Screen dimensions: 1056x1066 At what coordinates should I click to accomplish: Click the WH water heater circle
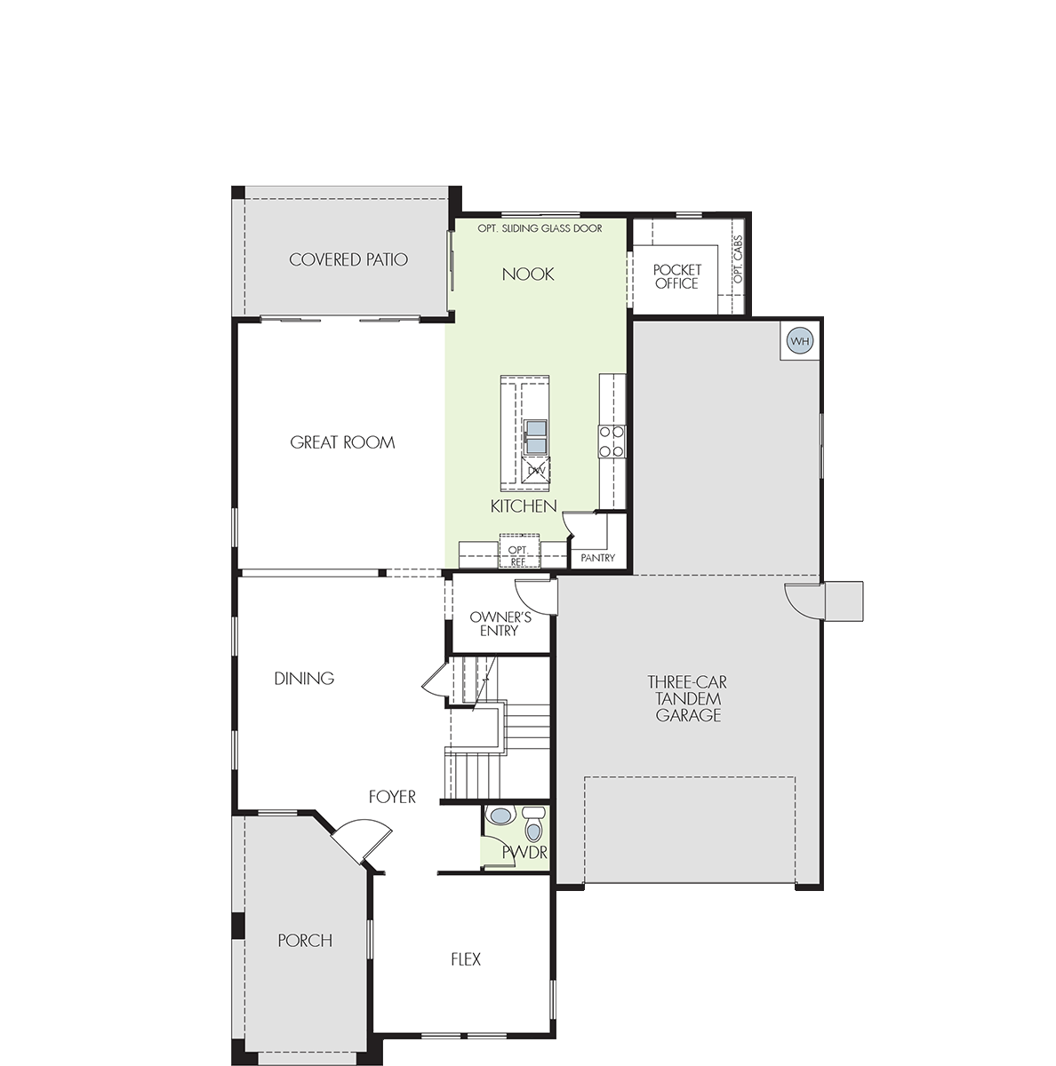(800, 341)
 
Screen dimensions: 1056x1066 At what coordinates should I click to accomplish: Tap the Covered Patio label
(348, 259)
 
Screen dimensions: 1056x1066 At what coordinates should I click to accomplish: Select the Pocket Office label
(676, 276)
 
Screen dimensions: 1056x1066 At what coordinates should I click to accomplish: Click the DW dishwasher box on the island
(536, 471)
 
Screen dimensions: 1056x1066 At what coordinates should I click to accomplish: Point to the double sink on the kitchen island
(536, 437)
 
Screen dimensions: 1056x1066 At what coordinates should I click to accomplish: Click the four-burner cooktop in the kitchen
(612, 442)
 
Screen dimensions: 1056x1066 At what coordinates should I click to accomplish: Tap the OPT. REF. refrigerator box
(519, 551)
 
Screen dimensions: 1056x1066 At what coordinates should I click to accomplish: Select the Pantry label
(598, 558)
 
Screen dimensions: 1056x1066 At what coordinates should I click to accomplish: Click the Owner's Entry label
(500, 624)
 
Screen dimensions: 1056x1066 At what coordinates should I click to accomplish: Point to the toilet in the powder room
(534, 824)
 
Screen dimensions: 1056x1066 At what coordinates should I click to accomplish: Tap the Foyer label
(392, 797)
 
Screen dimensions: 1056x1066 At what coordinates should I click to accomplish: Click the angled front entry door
(361, 842)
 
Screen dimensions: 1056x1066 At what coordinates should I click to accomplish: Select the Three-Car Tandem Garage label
(688, 699)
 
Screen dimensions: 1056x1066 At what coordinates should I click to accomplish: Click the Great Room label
(342, 442)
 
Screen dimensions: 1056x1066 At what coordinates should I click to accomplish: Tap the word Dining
(304, 678)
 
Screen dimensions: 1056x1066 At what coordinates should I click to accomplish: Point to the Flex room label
(466, 959)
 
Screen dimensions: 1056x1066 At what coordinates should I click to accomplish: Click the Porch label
(305, 941)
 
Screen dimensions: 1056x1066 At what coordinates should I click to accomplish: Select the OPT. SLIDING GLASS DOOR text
(540, 228)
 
